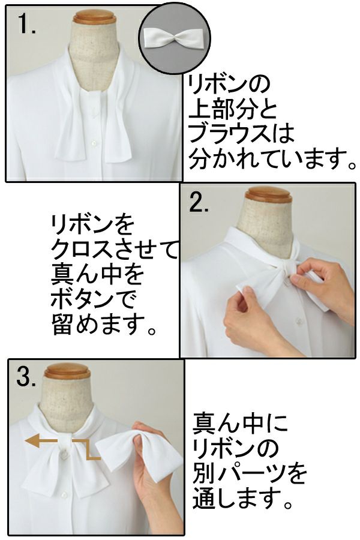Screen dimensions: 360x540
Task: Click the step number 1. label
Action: [x=27, y=25]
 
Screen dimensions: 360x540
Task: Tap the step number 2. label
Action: [x=199, y=203]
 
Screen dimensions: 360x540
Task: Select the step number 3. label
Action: [x=26, y=378]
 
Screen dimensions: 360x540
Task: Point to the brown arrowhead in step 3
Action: [x=30, y=440]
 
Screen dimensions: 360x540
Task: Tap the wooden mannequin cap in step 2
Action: [x=268, y=194]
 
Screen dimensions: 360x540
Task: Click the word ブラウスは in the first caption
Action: [x=241, y=134]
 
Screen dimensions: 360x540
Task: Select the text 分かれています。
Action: [x=272, y=159]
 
